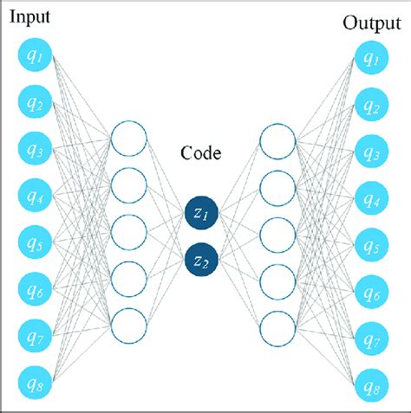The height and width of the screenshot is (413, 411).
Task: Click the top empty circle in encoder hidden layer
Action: click(128, 139)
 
